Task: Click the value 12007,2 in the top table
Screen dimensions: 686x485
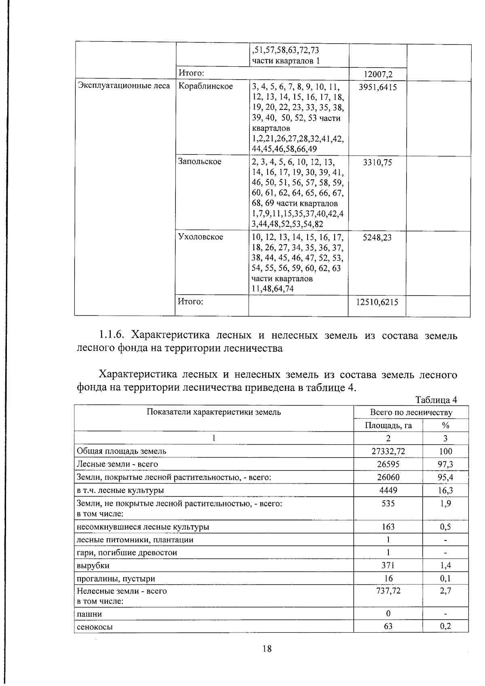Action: tap(378, 74)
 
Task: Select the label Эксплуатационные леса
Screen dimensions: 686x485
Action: tap(124, 86)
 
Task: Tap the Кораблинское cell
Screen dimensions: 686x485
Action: tap(205, 86)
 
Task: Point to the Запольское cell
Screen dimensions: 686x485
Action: tap(200, 162)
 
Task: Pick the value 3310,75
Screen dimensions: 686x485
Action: tap(377, 163)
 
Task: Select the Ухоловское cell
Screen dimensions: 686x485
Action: tap(200, 237)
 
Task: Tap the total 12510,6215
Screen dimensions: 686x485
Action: tap(377, 302)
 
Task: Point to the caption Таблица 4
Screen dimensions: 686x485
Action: tap(436, 400)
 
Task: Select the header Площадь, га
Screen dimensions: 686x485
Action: tap(388, 425)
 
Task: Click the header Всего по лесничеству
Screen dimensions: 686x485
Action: tap(411, 412)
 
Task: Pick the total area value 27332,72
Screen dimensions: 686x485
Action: tap(388, 451)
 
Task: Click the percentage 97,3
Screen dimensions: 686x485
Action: tap(445, 464)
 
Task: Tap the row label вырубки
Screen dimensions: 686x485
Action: tap(93, 565)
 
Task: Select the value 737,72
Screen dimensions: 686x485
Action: tap(388, 591)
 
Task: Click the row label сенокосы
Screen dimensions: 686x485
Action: tap(95, 627)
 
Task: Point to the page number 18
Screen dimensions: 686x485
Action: tap(267, 649)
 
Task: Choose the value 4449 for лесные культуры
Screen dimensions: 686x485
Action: tap(388, 490)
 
